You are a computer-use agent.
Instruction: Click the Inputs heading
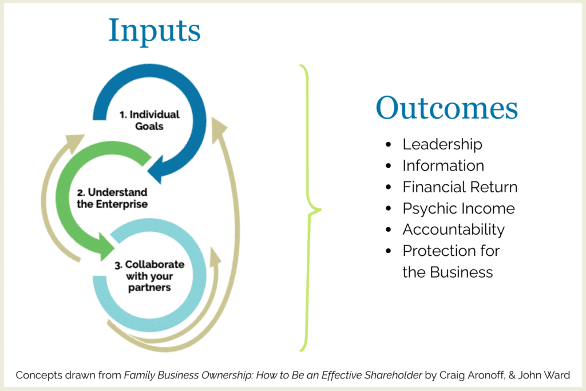click(x=155, y=31)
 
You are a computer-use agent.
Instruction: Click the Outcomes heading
click(x=446, y=109)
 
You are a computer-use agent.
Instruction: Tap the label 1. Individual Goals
click(x=149, y=120)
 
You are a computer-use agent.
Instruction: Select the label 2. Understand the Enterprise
click(x=112, y=198)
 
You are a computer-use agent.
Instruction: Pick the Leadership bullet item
click(x=442, y=144)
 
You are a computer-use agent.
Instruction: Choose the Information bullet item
click(x=443, y=165)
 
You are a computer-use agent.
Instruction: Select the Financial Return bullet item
click(x=460, y=187)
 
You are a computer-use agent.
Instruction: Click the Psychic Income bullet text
click(x=458, y=208)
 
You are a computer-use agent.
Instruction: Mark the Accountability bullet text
click(x=453, y=230)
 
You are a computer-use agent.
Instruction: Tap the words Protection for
click(x=451, y=251)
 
